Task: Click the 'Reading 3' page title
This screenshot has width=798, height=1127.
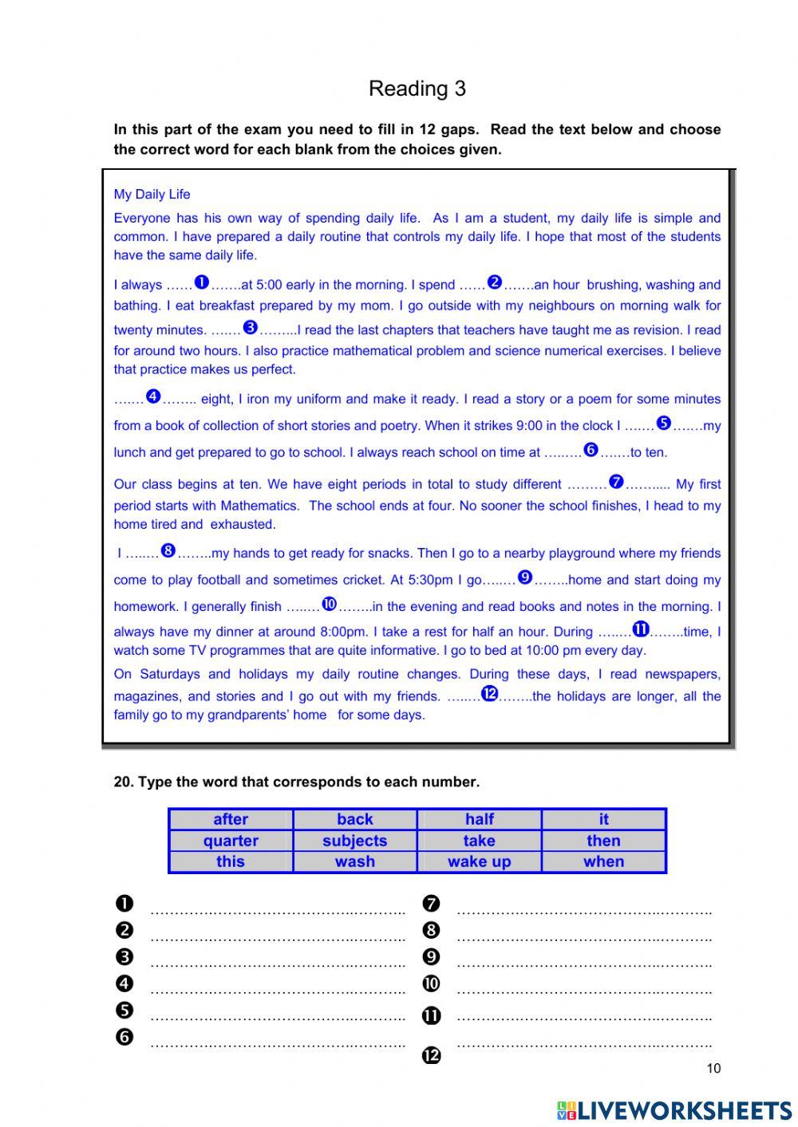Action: point(417,89)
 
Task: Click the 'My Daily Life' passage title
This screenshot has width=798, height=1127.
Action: point(152,194)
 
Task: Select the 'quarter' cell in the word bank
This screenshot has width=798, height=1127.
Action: point(231,841)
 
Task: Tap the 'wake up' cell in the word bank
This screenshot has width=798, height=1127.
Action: point(479,861)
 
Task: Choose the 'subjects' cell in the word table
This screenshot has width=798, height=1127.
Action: point(354,841)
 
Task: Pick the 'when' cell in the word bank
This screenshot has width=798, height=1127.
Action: point(603,861)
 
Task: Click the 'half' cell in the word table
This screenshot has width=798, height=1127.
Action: point(479,819)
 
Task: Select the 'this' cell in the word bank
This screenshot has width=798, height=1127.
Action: point(231,861)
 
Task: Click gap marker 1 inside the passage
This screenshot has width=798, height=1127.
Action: point(201,282)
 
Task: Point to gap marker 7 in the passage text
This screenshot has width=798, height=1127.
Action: point(616,482)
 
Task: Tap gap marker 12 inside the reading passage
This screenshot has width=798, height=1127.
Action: point(489,694)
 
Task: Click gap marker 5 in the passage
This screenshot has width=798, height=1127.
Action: point(664,424)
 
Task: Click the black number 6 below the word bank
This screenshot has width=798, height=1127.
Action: point(124,1037)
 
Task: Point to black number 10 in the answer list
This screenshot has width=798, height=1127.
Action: point(431,983)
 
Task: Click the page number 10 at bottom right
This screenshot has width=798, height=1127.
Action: point(713,1069)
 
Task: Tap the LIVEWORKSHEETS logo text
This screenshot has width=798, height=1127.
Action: point(684,1109)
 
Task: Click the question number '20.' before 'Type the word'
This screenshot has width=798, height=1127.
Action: point(124,782)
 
